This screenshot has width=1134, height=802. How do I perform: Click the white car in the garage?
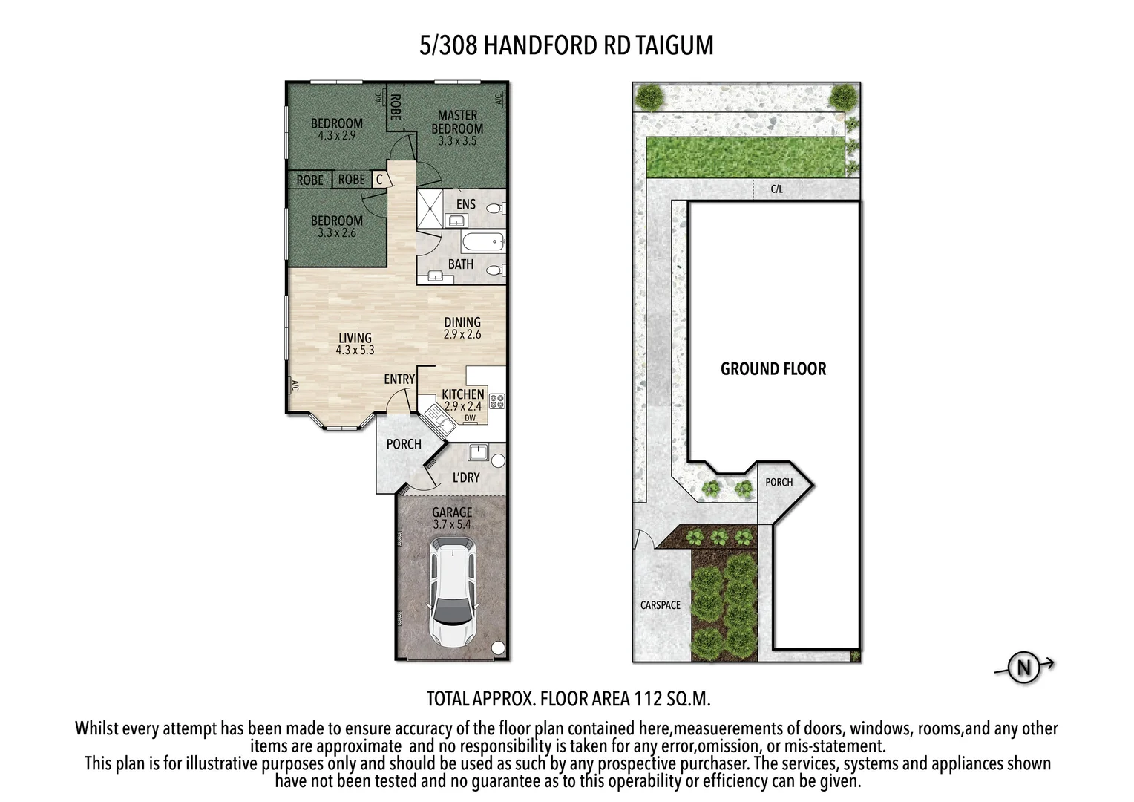point(452,594)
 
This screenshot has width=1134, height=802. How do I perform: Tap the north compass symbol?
point(1024,668)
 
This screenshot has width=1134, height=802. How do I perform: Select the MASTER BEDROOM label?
point(457,123)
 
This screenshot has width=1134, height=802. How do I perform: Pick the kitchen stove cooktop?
point(497,402)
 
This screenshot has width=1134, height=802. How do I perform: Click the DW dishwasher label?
point(470,418)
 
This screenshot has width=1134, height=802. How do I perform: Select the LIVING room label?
point(355,338)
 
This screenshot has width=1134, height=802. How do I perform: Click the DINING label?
point(462,322)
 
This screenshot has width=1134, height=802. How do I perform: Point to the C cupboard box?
point(379,180)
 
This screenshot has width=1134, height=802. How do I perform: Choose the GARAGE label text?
point(452,512)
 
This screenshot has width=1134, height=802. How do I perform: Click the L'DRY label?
point(466,477)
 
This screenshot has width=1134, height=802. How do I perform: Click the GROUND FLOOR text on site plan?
point(773,369)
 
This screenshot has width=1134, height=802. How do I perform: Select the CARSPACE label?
point(661,605)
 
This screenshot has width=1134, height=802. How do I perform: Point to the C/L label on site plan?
point(776,189)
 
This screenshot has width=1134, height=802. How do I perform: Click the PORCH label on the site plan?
point(779,482)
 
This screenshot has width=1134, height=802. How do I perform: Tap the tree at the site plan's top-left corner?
point(651,96)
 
